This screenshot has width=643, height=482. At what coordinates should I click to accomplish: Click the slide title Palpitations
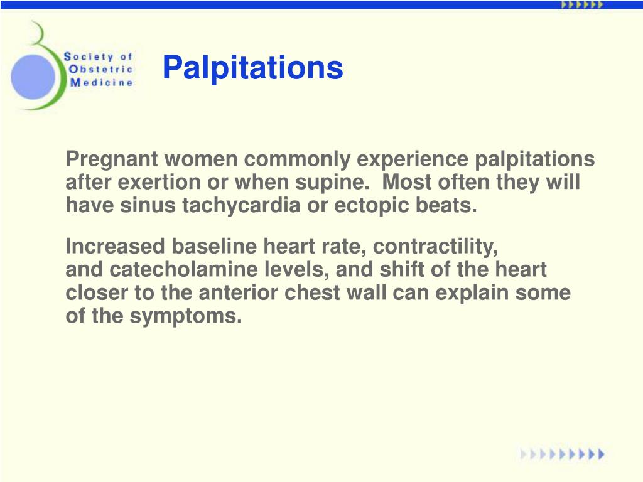tap(252, 68)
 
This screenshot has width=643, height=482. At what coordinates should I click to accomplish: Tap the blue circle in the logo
tap(33, 76)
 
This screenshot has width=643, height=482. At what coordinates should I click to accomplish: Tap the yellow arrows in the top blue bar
tap(581, 4)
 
